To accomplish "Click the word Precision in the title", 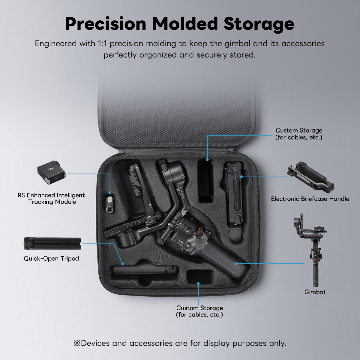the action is click(106, 24).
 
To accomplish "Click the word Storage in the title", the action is click(259, 24).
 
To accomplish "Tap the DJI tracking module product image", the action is click(52, 172).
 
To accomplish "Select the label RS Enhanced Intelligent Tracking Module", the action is click(51, 198).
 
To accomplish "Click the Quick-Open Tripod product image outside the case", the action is click(52, 244).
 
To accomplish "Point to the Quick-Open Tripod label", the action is click(51, 259).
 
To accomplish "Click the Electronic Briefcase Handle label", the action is click(310, 199).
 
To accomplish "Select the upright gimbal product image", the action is click(310, 250).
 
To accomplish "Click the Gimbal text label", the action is click(315, 292).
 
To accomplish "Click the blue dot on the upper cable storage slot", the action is click(207, 160).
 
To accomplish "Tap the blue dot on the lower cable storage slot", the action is click(198, 283).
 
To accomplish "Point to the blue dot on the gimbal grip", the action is click(236, 264).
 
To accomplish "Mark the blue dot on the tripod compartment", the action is click(123, 264).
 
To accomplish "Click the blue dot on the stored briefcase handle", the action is click(241, 176).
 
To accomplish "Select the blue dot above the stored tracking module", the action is click(110, 193).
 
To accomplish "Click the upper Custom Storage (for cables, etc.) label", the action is click(299, 134).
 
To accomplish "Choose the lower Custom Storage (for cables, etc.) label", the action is click(199, 311).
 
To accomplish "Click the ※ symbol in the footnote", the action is click(77, 343).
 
